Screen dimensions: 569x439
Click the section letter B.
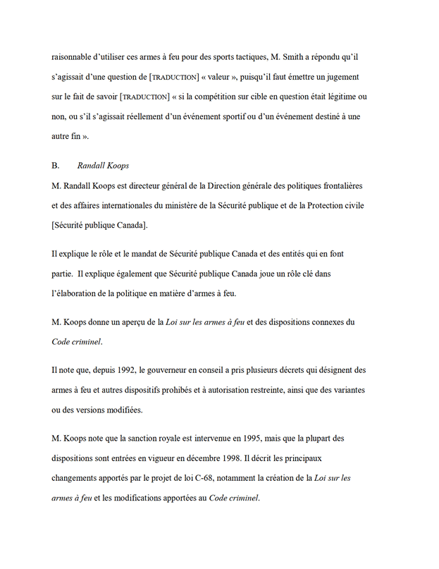coord(56,165)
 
